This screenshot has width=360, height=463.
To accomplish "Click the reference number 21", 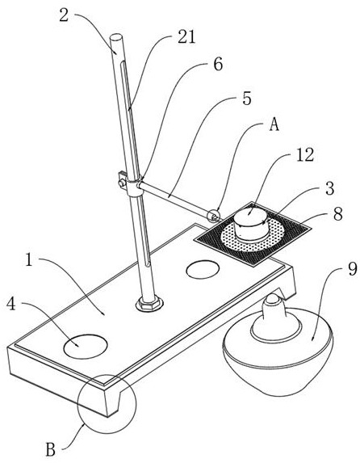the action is click(186, 38).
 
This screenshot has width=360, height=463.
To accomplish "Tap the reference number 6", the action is click(218, 64).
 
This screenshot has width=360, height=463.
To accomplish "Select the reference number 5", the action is click(247, 98).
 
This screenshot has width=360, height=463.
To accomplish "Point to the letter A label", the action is click(274, 125).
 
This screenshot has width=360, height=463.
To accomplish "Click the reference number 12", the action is click(305, 154).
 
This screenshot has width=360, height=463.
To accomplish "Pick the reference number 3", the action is click(329, 188).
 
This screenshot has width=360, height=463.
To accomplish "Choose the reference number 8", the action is click(338, 214).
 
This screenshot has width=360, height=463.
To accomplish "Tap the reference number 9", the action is click(353, 269).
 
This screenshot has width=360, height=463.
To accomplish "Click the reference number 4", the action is click(11, 304).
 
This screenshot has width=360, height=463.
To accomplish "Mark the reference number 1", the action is click(28, 260).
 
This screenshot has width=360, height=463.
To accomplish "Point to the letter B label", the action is click(51, 450).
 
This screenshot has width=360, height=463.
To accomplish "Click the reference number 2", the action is click(64, 15).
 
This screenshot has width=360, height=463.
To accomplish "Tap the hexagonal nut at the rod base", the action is click(149, 304).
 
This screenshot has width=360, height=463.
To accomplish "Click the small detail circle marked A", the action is click(213, 215).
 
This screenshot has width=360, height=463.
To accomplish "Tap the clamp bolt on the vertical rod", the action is click(122, 183).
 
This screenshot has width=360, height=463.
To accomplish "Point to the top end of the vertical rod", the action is click(115, 37).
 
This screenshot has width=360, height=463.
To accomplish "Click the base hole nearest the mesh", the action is click(203, 269).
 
